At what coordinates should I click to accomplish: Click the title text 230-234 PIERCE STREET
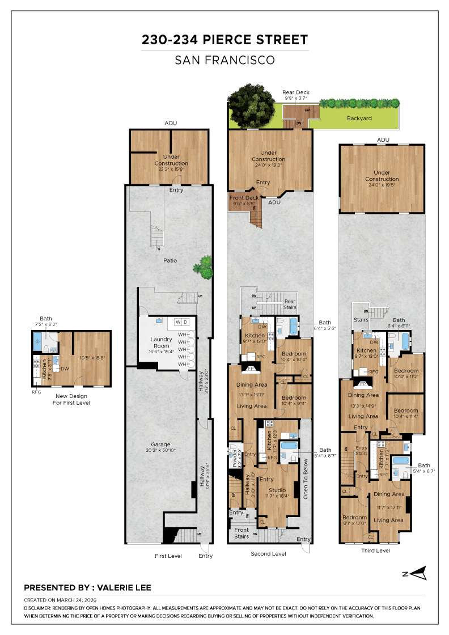click(224, 40)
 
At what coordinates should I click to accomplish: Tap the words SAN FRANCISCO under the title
click(224, 60)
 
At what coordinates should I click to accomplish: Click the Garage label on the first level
click(160, 444)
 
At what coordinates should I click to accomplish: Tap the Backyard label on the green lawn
click(359, 118)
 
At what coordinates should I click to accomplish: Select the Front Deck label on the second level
click(244, 198)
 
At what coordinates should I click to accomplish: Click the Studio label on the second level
click(277, 489)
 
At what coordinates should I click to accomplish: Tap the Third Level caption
click(375, 551)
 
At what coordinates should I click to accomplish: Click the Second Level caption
click(269, 553)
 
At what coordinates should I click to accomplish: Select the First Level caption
click(168, 556)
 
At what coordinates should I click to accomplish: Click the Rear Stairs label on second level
click(290, 304)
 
